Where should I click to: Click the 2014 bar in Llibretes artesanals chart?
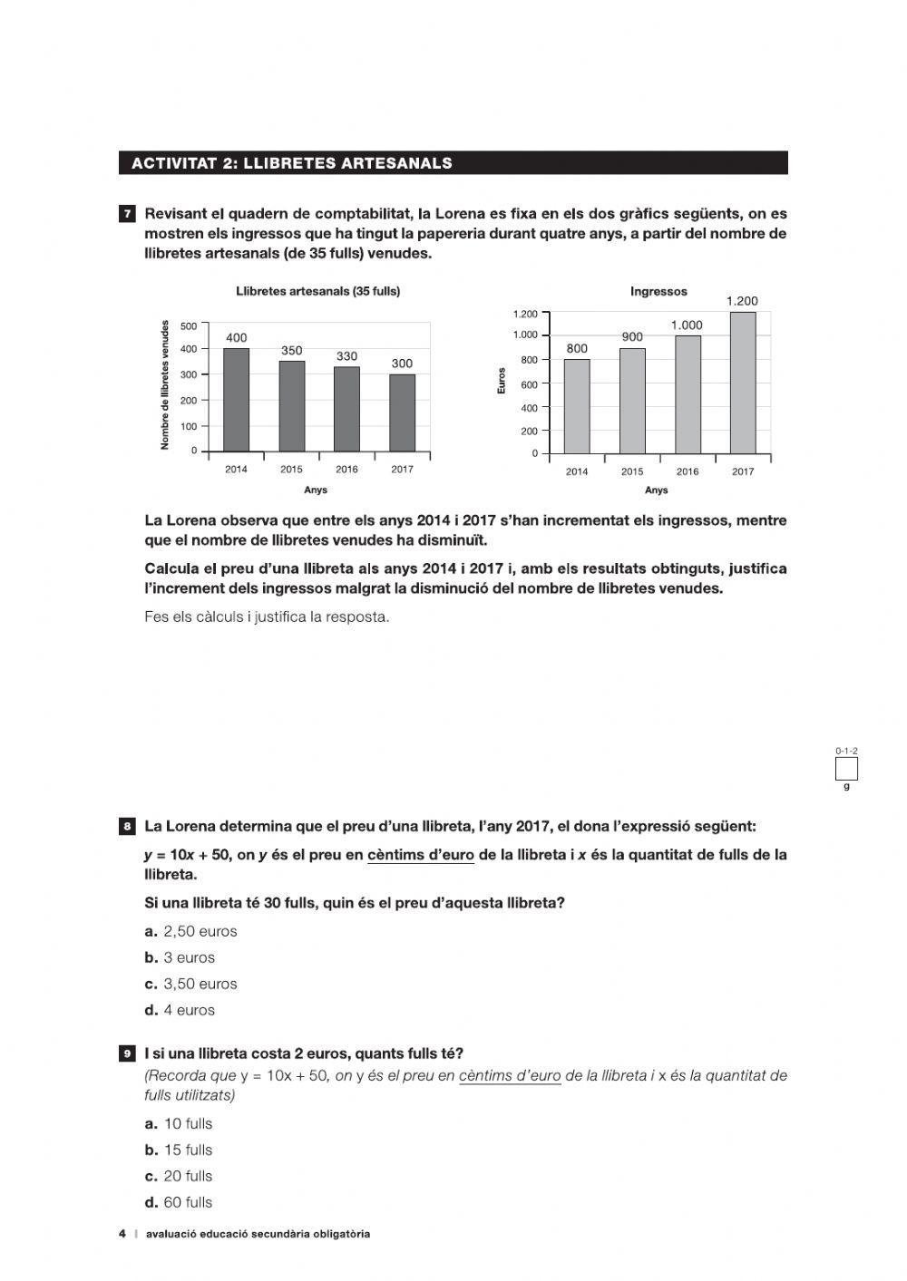pyautogui.click(x=236, y=400)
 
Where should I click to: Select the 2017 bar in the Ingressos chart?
pyautogui.click(x=742, y=383)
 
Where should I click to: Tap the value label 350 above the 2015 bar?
pyautogui.click(x=291, y=351)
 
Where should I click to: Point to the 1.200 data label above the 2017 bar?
pyautogui.click(x=742, y=301)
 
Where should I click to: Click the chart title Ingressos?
pyautogui.click(x=658, y=292)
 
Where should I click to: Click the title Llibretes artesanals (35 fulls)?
pyautogui.click(x=317, y=292)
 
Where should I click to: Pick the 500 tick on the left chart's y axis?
pyautogui.click(x=189, y=325)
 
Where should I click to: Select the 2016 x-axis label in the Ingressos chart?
pyautogui.click(x=688, y=471)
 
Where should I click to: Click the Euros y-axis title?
pyautogui.click(x=502, y=384)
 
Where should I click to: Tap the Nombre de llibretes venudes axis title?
pyautogui.click(x=165, y=384)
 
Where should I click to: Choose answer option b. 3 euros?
pyautogui.click(x=180, y=957)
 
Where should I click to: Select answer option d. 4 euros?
pyautogui.click(x=180, y=1010)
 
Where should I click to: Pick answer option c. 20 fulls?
pyautogui.click(x=179, y=1176)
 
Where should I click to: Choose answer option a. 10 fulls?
pyautogui.click(x=179, y=1123)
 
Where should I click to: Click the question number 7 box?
pyautogui.click(x=127, y=215)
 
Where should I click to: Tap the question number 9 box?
pyautogui.click(x=127, y=1053)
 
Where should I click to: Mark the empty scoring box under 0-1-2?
pyautogui.click(x=846, y=769)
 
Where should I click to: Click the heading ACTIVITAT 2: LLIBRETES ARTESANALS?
pyautogui.click(x=292, y=163)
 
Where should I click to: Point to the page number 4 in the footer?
pyautogui.click(x=122, y=1234)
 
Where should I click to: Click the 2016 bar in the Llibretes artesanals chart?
pyautogui.click(x=346, y=409)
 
